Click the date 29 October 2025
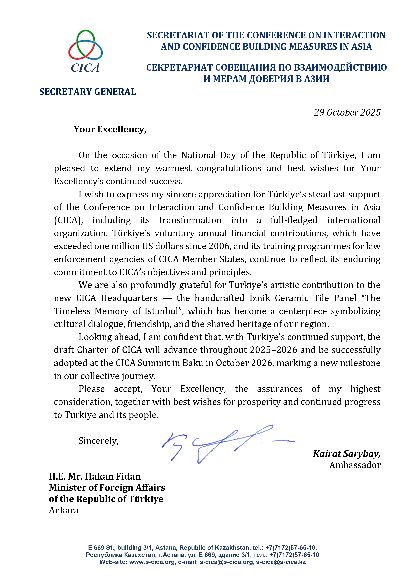347,113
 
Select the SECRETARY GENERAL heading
87,92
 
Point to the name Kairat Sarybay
347,454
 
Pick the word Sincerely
98,441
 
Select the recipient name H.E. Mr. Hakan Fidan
95,476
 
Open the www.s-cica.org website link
152,562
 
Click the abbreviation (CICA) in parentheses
68,220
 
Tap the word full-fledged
294,220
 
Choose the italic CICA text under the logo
85,68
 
